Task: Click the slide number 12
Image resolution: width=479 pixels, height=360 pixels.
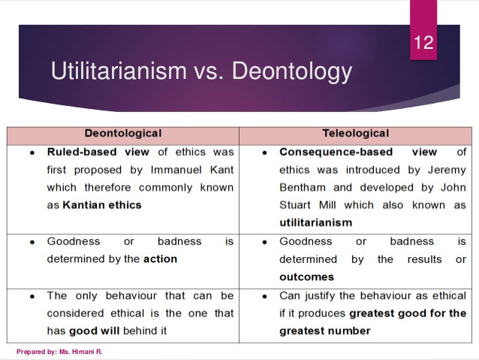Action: [x=423, y=42]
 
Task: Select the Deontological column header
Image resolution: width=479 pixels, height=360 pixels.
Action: [x=123, y=133]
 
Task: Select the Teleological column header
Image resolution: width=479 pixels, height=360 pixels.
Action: [x=355, y=133]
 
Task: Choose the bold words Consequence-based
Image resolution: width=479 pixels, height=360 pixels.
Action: [x=332, y=151]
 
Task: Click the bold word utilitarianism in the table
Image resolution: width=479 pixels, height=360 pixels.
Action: [x=315, y=222]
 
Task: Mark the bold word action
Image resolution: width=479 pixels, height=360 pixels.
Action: [x=161, y=259]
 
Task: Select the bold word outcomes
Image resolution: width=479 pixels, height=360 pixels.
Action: [x=306, y=277]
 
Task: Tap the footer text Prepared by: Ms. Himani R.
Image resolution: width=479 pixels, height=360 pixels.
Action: [x=59, y=351]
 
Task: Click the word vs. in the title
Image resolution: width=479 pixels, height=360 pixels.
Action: [x=209, y=71]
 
